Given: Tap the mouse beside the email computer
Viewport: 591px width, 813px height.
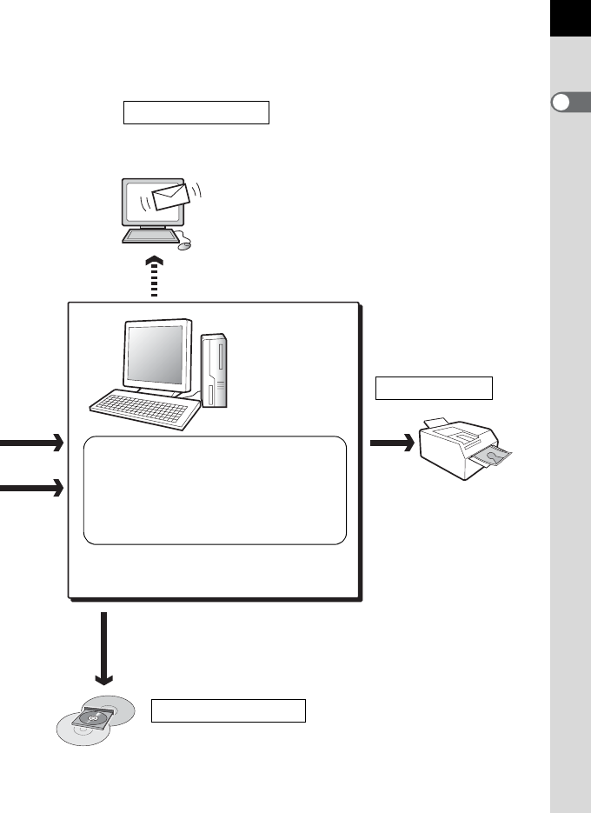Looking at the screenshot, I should pos(183,245).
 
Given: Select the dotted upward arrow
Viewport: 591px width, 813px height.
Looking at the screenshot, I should pos(154,277).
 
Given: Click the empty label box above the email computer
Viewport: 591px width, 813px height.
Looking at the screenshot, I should pos(196,113).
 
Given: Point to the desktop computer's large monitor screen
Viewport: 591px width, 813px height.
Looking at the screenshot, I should pos(156,357).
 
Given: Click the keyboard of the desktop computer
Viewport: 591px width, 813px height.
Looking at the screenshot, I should pos(139,406).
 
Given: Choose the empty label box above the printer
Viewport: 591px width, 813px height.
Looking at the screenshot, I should pos(434,388).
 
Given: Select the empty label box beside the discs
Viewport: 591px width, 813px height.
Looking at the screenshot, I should pos(229,710).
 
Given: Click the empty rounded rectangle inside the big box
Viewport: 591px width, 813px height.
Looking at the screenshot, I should pos(214,490).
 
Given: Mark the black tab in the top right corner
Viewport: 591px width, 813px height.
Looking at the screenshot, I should pos(569,18).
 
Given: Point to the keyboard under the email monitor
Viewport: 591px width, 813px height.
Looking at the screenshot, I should pos(153,236).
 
